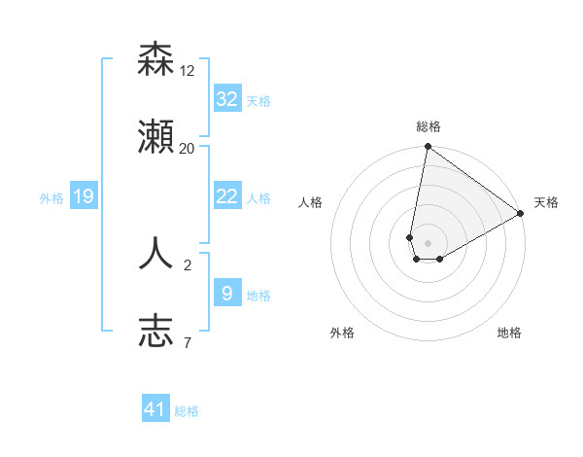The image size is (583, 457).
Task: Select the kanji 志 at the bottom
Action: point(156,331)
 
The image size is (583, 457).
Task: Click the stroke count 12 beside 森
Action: point(188,71)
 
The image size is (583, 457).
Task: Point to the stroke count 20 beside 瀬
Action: point(188,148)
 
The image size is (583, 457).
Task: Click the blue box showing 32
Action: point(227,99)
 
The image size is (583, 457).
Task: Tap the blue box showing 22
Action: point(227,196)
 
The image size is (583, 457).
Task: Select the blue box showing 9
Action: point(227,293)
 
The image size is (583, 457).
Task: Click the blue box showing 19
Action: point(84,196)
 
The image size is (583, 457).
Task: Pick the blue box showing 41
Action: point(155,409)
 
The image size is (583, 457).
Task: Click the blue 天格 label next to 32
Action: point(258,101)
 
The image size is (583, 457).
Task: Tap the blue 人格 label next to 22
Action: point(258,198)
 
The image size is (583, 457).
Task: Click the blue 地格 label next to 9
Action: point(258,295)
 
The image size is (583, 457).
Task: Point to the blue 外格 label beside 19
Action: point(51,198)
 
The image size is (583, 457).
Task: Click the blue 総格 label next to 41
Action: point(187,411)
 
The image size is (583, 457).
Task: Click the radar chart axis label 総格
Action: point(428,126)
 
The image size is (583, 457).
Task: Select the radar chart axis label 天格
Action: point(546,202)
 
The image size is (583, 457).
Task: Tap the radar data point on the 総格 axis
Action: point(428,148)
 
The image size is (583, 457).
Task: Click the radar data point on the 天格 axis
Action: point(521,213)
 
